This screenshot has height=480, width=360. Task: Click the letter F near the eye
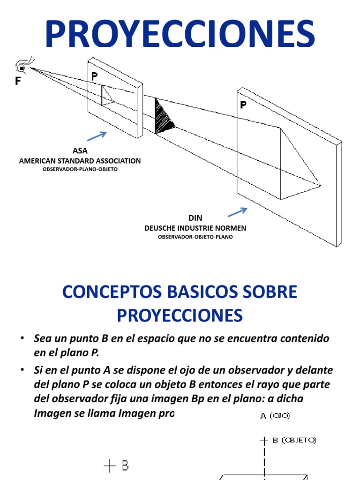18,81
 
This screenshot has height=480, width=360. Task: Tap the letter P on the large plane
243,105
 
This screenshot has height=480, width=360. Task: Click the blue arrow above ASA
97,136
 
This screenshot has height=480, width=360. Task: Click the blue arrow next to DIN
237,212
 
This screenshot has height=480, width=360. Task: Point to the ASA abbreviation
80,151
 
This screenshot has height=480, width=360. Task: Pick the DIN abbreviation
195,218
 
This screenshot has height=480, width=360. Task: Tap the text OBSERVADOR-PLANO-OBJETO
80,169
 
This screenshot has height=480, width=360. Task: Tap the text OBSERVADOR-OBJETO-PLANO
195,237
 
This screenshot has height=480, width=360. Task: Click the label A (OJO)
276,415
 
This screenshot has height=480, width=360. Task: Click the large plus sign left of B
109,466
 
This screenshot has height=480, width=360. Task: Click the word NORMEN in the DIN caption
231,228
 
